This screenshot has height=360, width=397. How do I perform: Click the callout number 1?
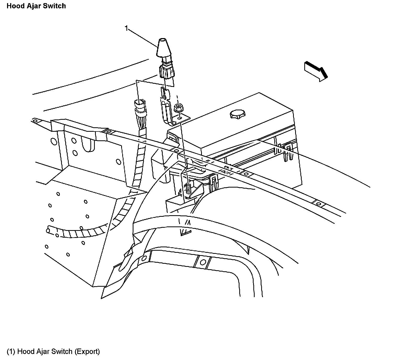(127, 28)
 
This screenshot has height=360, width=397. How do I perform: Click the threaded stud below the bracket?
(187, 188)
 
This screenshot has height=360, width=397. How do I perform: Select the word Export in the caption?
(87, 351)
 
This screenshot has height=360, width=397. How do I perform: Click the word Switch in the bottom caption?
(62, 351)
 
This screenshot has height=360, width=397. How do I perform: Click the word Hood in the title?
(15, 6)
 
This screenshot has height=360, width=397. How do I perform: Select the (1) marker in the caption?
(11, 351)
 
